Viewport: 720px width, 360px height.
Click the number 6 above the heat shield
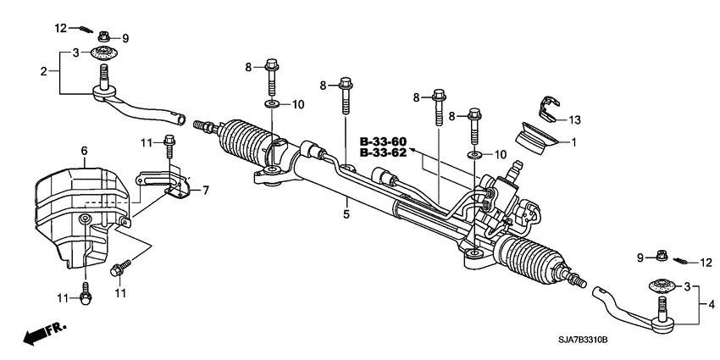pyautogui.click(x=84, y=150)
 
